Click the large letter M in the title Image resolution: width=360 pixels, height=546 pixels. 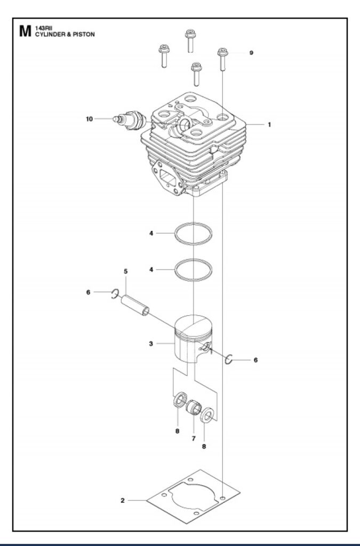tap(26, 31)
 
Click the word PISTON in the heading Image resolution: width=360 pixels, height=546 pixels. tap(84, 35)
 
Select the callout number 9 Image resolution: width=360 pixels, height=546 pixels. tap(251, 53)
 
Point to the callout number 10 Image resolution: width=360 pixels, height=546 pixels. tap(90, 119)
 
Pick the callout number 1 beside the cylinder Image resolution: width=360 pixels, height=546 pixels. tap(269, 124)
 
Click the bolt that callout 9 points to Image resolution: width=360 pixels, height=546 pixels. tap(223, 59)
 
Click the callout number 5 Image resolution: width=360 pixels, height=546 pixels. tap(126, 271)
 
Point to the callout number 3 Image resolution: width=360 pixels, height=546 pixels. tap(151, 344)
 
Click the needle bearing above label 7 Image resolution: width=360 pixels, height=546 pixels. tap(194, 408)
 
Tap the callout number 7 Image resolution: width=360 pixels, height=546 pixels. tap(194, 438)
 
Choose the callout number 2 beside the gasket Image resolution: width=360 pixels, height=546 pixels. tap(123, 500)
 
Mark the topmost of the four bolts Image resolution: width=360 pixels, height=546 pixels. tap(190, 41)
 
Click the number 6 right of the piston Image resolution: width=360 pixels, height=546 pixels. tap(255, 360)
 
